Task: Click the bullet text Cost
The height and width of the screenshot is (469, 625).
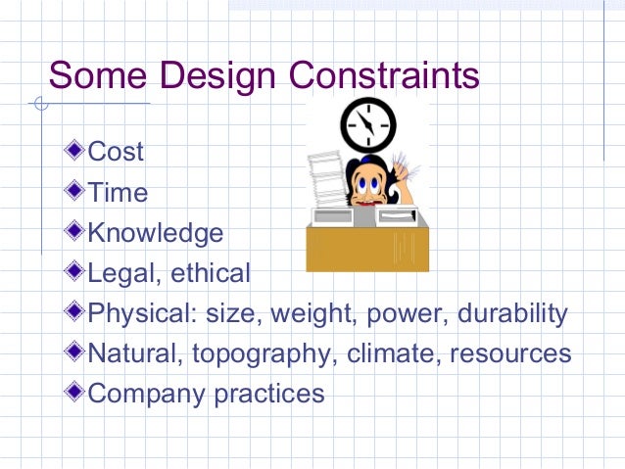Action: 116,152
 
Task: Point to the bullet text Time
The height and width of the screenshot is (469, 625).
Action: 118,192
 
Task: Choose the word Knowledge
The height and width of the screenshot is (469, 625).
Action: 156,233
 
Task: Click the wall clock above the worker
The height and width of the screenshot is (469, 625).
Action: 367,123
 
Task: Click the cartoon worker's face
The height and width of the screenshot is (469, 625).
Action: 370,186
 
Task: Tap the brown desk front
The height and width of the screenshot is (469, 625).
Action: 367,249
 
